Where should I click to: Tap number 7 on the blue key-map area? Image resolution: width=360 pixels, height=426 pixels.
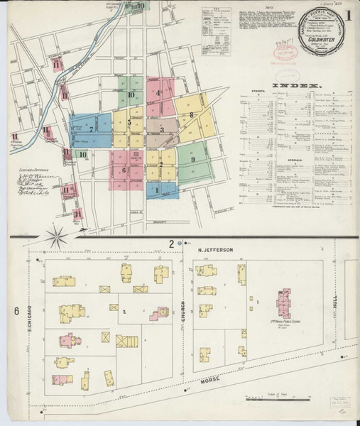[x=91, y=130]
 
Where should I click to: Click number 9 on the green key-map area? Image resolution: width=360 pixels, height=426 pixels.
[x=192, y=160]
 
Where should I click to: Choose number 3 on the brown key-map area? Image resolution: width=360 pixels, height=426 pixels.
[x=162, y=130]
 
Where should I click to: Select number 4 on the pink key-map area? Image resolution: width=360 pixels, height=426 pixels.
[x=158, y=93]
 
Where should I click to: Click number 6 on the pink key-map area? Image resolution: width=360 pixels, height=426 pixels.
[x=124, y=170]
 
